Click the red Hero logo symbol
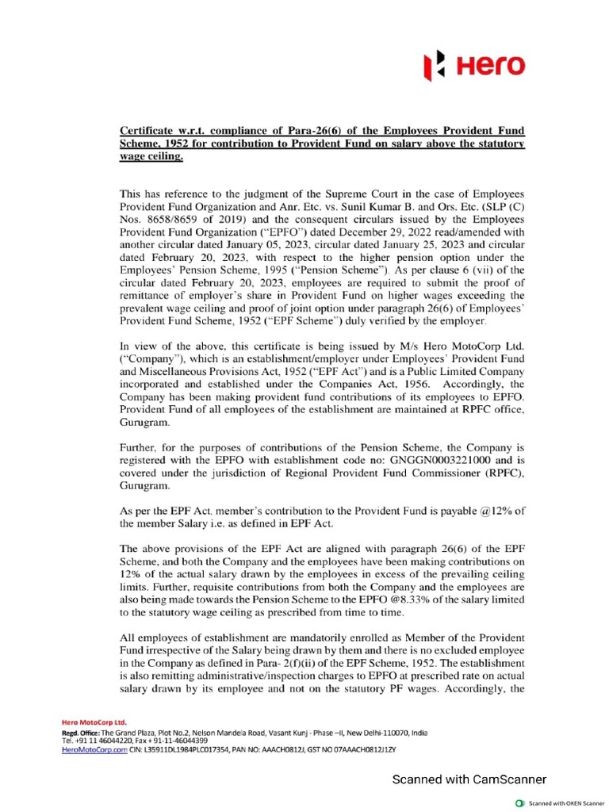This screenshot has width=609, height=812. tap(431, 65)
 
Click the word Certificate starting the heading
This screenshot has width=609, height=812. tap(148, 129)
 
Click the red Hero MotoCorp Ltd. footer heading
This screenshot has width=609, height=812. tap(94, 723)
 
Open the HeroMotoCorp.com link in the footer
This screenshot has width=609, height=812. tap(94, 749)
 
